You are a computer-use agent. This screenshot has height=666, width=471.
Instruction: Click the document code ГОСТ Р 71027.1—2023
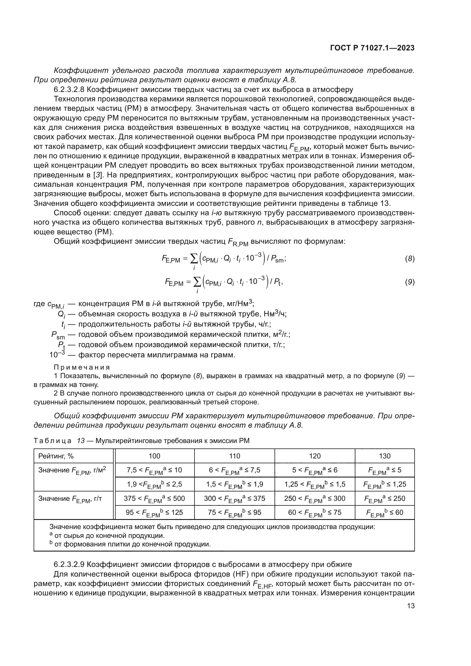click(372, 48)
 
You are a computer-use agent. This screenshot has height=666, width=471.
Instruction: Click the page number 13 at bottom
click(411, 606)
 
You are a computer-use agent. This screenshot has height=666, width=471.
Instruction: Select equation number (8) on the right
click(409, 259)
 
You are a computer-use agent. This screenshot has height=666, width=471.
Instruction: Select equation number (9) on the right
click(409, 282)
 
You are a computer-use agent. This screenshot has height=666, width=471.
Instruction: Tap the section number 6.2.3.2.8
click(69, 90)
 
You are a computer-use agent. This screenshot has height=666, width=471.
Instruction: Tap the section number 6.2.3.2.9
click(69, 564)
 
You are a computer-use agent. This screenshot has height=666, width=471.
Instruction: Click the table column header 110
click(234, 456)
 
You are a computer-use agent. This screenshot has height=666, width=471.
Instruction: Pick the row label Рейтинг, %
click(56, 456)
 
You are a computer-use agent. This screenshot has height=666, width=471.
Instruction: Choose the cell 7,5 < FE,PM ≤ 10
click(154, 470)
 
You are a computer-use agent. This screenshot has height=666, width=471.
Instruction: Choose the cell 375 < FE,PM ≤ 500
click(154, 499)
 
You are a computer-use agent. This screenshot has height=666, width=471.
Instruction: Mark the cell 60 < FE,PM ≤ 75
click(315, 513)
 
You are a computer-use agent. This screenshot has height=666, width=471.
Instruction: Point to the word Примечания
click(82, 367)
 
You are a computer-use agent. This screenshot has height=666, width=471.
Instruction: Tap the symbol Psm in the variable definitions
click(58, 335)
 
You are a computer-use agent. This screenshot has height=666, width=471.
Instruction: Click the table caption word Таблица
click(52, 441)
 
